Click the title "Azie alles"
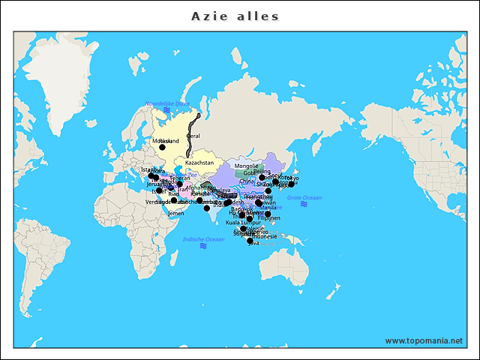235,16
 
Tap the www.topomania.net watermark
424,340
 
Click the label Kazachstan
199,163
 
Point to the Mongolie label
246,166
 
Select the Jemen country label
175,213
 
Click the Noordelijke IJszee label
167,103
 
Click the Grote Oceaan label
304,197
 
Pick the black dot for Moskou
162,148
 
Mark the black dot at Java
250,241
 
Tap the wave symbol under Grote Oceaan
304,204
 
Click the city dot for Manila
268,214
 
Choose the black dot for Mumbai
207,208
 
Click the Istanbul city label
151,169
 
